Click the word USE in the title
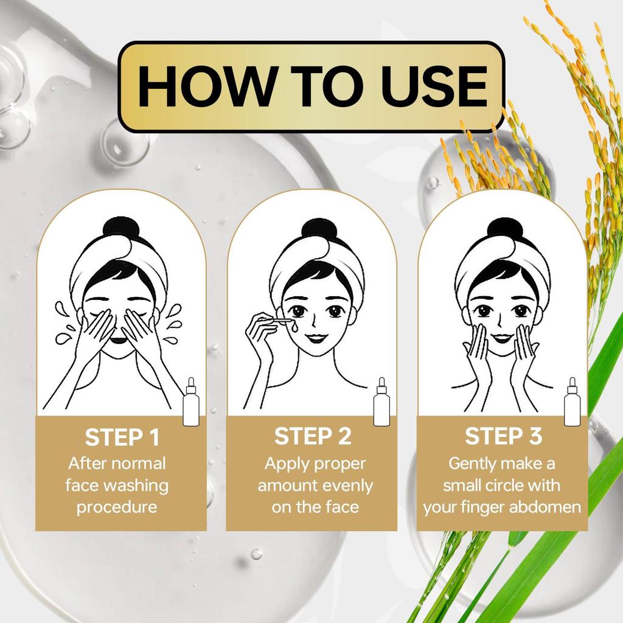pos(430,87)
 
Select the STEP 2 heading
pos(313,436)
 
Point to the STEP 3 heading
pos(503,436)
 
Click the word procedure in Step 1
pos(117,507)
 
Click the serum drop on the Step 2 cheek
pos(294,327)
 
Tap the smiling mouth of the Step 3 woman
pos(502,336)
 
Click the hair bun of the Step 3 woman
pos(504,229)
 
